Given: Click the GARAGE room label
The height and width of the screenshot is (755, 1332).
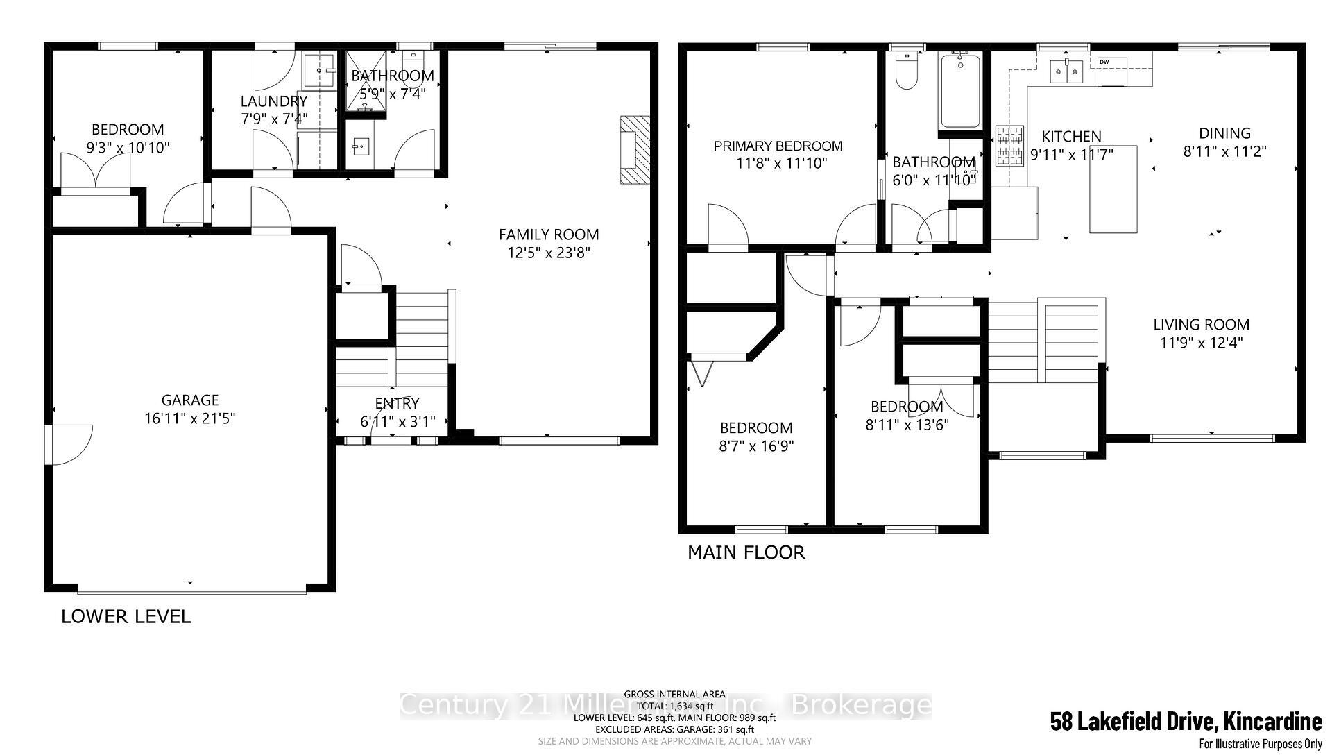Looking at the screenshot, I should tap(189, 400).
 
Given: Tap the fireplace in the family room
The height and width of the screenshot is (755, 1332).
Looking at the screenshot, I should tap(635, 150).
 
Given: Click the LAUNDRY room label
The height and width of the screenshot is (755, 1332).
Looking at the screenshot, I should tap(273, 101).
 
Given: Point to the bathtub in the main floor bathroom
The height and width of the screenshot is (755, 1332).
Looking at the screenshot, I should tap(960, 92).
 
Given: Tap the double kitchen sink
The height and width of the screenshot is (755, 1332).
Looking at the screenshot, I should tap(1067, 71).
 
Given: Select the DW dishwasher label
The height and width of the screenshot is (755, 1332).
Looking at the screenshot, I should tap(1104, 62).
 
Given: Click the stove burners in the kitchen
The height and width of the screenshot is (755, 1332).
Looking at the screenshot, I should tap(1009, 146).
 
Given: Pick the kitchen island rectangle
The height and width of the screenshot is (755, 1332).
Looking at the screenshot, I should tap(1113, 189).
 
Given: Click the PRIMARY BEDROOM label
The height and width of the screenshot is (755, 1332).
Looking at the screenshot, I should tap(778, 146).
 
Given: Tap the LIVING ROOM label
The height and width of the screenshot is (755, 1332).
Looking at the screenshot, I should tap(1201, 324).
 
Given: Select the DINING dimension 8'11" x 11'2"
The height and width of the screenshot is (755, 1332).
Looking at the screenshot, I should tap(1224, 151).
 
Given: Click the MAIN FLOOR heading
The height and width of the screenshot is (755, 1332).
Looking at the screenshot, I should tap(746, 552).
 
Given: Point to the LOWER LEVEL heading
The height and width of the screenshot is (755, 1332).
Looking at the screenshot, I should tap(126, 616).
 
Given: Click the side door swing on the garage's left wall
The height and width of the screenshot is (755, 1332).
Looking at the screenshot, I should tap(69, 444).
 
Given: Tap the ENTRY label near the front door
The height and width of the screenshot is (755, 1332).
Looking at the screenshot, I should tap(397, 403).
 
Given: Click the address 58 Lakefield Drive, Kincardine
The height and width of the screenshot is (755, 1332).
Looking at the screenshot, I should tap(1185, 722).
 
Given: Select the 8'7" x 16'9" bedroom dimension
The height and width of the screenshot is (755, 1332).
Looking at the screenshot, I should tap(756, 446).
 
